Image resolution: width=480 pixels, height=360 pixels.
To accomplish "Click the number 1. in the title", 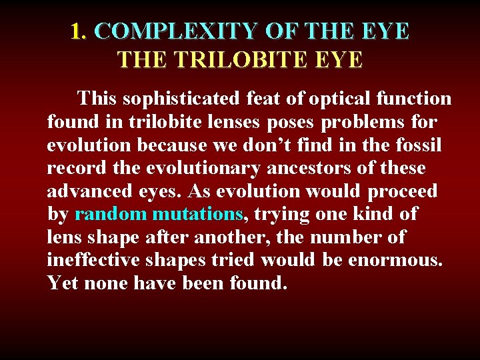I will point(81,31).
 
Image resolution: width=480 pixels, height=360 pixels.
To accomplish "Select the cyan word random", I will point(111,215).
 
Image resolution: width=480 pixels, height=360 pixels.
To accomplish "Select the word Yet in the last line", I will point(59,283).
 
